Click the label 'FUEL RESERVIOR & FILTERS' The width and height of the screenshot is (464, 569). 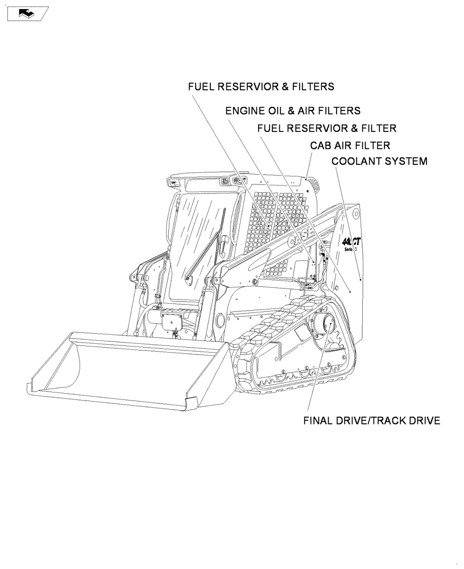[261, 87]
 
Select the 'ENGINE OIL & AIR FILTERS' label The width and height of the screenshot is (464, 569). [293, 110]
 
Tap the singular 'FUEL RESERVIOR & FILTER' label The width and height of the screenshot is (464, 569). [326, 129]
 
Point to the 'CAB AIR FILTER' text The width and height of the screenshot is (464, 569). [350, 146]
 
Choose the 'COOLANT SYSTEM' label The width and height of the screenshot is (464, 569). [379, 162]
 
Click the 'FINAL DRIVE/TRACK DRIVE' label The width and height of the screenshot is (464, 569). [372, 421]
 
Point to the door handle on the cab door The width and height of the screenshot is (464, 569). [226, 241]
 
